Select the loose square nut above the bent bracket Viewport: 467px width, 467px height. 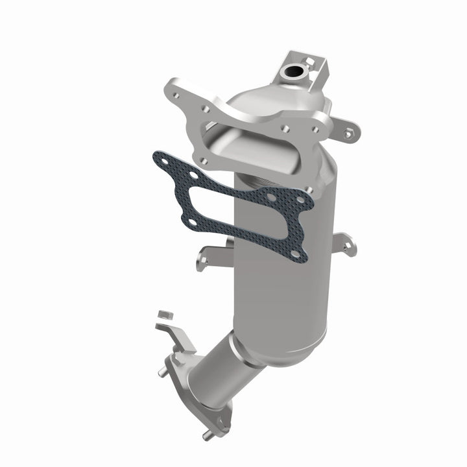(163, 315)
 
